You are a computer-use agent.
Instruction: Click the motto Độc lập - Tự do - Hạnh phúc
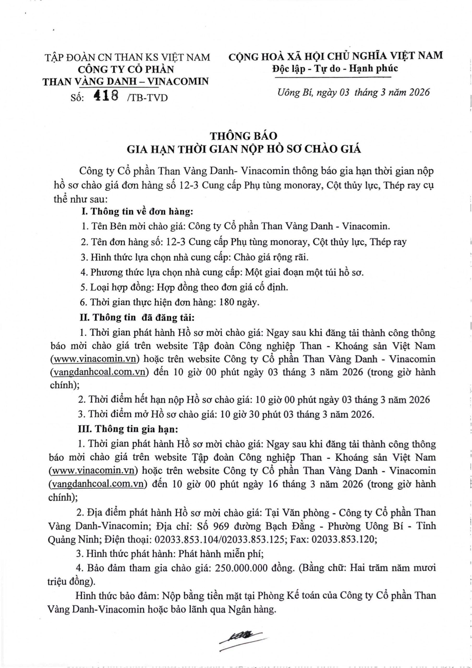point(335,68)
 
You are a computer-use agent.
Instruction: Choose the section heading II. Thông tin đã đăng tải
point(137,317)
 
